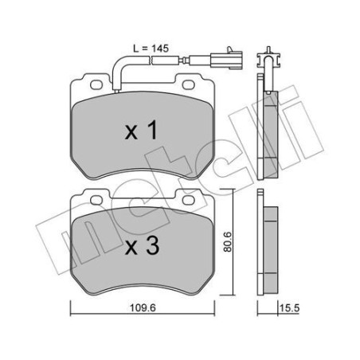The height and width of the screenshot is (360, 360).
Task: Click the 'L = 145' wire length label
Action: pyautogui.click(x=150, y=49)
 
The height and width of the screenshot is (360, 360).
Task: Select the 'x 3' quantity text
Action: pyautogui.click(x=144, y=248)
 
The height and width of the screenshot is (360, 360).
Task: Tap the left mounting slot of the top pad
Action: pyautogui.click(x=90, y=82)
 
